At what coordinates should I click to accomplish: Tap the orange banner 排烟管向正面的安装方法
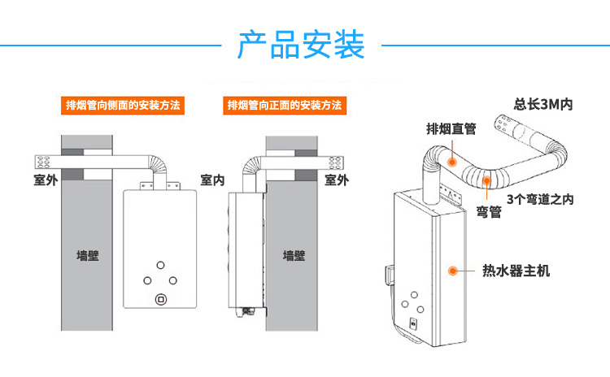tap(284, 106)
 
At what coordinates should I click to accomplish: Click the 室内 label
tap(212, 180)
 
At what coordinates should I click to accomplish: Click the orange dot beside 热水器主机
tap(452, 269)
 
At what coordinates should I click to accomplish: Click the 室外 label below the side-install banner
tap(45, 180)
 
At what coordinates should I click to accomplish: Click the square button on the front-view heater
tap(160, 298)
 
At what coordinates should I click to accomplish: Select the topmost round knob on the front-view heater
tap(160, 265)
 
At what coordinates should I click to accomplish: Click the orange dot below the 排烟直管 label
tap(451, 162)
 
